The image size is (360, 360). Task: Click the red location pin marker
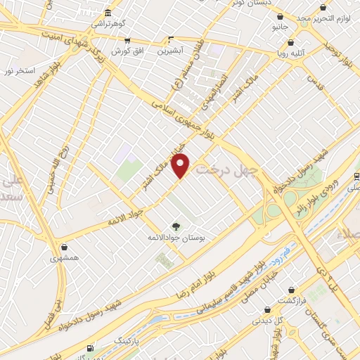pyautogui.click(x=181, y=166)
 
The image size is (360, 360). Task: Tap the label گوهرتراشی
pyautogui.click(x=108, y=23)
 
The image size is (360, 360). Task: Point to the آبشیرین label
pyautogui.click(x=170, y=51)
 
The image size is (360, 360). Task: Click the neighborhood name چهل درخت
pyautogui.click(x=228, y=169)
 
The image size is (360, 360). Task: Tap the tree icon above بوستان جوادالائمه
pyautogui.click(x=176, y=226)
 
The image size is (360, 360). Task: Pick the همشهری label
pyautogui.click(x=65, y=258)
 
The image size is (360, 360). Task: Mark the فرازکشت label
pyautogui.click(x=290, y=300)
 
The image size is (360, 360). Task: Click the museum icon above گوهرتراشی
pyautogui.click(x=107, y=13)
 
